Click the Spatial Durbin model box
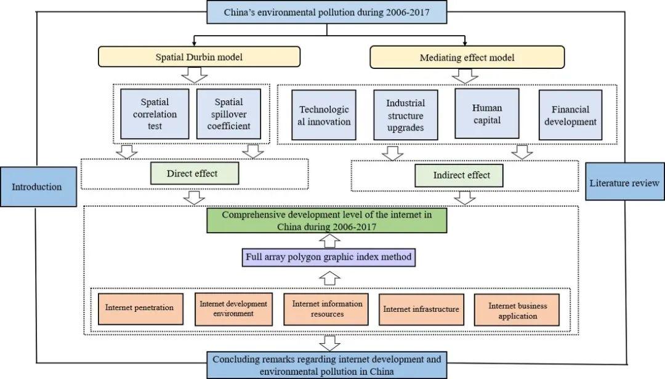coord(199,57)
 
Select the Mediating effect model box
coord(467,57)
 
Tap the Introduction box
coord(37,186)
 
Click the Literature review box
coord(624,182)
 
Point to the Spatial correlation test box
coord(155,114)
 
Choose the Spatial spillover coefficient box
coord(228,114)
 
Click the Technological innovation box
coord(324,115)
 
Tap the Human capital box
coord(486,113)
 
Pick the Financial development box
coord(570,115)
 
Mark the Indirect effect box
coord(461,175)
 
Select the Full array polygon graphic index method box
coord(329,257)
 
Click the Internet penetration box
coord(139,308)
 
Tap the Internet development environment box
coord(233,309)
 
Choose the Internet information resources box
coord(327,309)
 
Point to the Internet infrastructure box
coord(421,309)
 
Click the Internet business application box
coord(517,310)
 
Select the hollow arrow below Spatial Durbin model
coord(194,75)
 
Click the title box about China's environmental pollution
coord(327,12)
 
